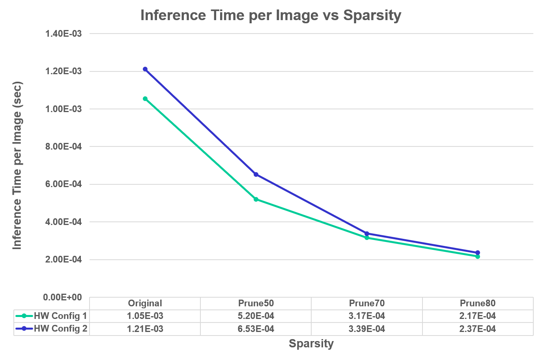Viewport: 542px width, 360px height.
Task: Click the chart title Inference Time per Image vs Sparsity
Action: pos(271,15)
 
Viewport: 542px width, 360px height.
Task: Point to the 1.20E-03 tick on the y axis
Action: pos(64,71)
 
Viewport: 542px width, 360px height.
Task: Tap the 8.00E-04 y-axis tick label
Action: pos(64,147)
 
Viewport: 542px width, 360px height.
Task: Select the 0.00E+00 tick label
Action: pos(63,297)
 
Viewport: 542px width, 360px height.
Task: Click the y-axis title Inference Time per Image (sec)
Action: pos(17,165)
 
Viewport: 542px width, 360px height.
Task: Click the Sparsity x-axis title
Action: pos(311,343)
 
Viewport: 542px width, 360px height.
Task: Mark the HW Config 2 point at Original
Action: pos(145,69)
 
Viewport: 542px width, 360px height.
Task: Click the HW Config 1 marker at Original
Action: pos(145,99)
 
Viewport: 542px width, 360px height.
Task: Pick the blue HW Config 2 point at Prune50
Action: pos(256,174)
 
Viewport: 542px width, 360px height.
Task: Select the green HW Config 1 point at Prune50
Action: pos(256,199)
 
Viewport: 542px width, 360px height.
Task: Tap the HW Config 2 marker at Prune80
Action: pos(478,253)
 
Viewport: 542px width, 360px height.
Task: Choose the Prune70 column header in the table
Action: pos(366,303)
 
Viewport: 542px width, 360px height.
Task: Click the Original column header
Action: pos(145,303)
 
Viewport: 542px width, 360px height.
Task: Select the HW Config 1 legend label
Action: pos(60,316)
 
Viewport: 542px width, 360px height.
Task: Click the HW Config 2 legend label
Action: pos(60,328)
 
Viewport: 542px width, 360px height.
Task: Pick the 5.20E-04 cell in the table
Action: pos(256,316)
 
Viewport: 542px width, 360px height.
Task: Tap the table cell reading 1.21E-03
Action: pos(145,329)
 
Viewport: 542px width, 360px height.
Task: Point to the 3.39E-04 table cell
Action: pos(366,329)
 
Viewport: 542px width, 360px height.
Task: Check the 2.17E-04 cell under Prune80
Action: pos(477,316)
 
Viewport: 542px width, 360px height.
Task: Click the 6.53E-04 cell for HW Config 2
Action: pos(256,329)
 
